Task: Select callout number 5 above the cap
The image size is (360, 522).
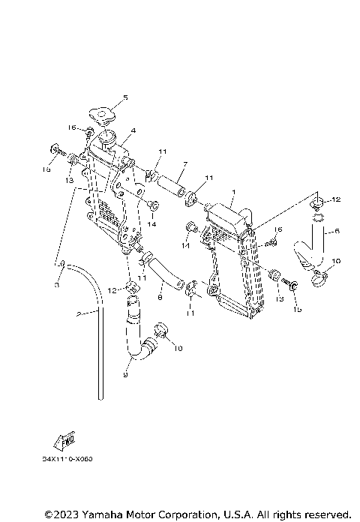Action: (125, 97)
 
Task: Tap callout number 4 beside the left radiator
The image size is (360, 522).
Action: (133, 131)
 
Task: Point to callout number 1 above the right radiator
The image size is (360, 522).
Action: (233, 193)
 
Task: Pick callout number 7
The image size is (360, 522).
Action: (184, 165)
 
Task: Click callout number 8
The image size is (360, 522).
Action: (160, 297)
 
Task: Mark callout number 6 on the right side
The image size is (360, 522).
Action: (338, 232)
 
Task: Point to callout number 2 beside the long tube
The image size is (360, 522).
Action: (78, 314)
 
